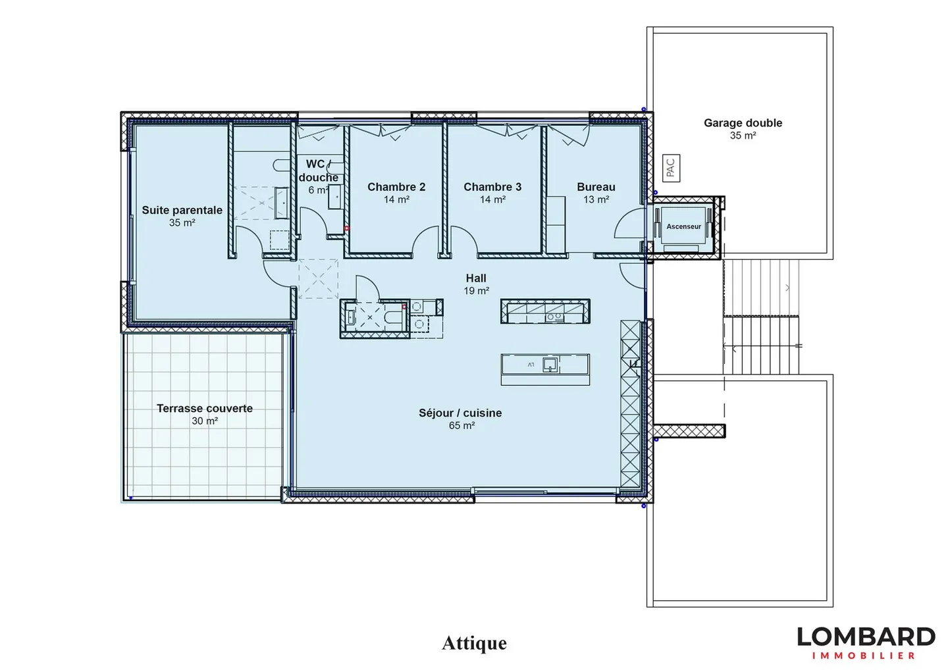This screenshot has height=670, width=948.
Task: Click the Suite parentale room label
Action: point(182,210)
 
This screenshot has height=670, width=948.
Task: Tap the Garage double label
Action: point(743,123)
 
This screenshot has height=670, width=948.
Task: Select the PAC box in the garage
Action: point(671,168)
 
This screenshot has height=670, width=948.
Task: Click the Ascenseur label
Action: point(683,226)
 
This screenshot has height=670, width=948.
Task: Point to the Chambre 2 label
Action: point(396,187)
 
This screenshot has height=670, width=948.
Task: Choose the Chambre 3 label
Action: point(492,187)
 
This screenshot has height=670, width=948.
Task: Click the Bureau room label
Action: point(596,187)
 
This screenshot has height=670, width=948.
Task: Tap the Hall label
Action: point(476,278)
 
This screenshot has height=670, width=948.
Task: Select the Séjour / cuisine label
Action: point(460,413)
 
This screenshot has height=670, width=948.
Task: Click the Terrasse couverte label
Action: point(205,409)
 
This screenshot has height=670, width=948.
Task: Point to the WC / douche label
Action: point(318,170)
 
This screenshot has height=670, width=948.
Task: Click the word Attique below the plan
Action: point(474,644)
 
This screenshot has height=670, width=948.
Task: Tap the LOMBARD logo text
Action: point(866,637)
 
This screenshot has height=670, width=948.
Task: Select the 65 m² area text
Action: point(461,426)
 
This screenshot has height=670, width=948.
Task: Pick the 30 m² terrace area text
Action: point(205,421)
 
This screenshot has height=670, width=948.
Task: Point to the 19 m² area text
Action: point(477,291)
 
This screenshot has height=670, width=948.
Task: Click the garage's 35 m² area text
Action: point(743,136)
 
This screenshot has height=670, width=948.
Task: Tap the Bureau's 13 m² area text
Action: point(596,199)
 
